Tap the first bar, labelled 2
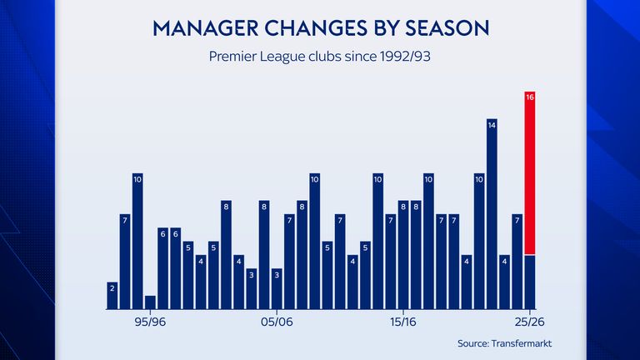[x=112, y=296]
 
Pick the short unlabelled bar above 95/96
[x=150, y=302]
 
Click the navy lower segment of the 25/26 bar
[x=529, y=282]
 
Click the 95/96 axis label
[x=150, y=322]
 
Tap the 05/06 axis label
[x=276, y=322]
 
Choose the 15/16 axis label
[x=402, y=322]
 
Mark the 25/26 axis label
[x=529, y=322]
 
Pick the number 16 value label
[x=529, y=97]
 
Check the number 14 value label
[x=492, y=125]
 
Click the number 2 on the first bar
[x=112, y=287]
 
